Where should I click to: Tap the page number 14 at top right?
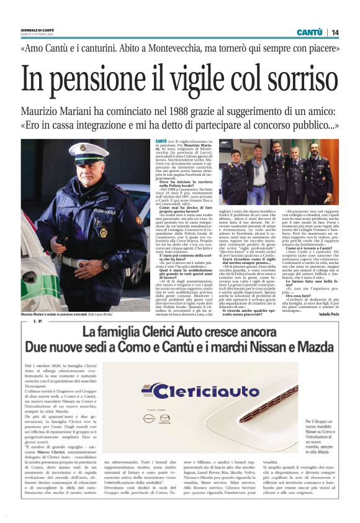coord(335,32)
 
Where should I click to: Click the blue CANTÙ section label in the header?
coord(308,32)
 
